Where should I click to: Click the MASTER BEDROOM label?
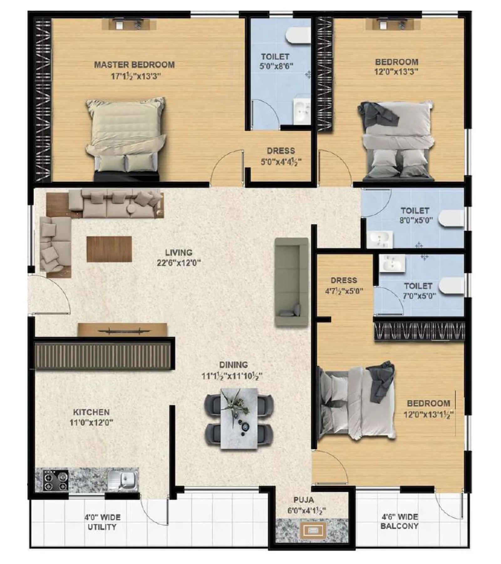pos(134,65)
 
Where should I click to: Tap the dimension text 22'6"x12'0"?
pos(179,263)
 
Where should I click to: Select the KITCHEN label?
pos(91,412)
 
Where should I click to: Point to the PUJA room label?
pos(304,500)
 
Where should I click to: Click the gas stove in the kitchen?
pos(56,481)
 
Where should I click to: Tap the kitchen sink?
pos(124,479)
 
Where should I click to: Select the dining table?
pos(239,419)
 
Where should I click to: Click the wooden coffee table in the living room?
pos(109,249)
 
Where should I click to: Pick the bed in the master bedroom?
pos(126,138)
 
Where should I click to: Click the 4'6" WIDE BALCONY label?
pos(399,522)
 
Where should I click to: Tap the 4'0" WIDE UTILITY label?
pos(102,522)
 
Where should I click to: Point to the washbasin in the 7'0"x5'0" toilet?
pos(392,263)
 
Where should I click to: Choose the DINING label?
pos(233,365)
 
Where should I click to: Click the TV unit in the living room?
pos(122,330)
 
